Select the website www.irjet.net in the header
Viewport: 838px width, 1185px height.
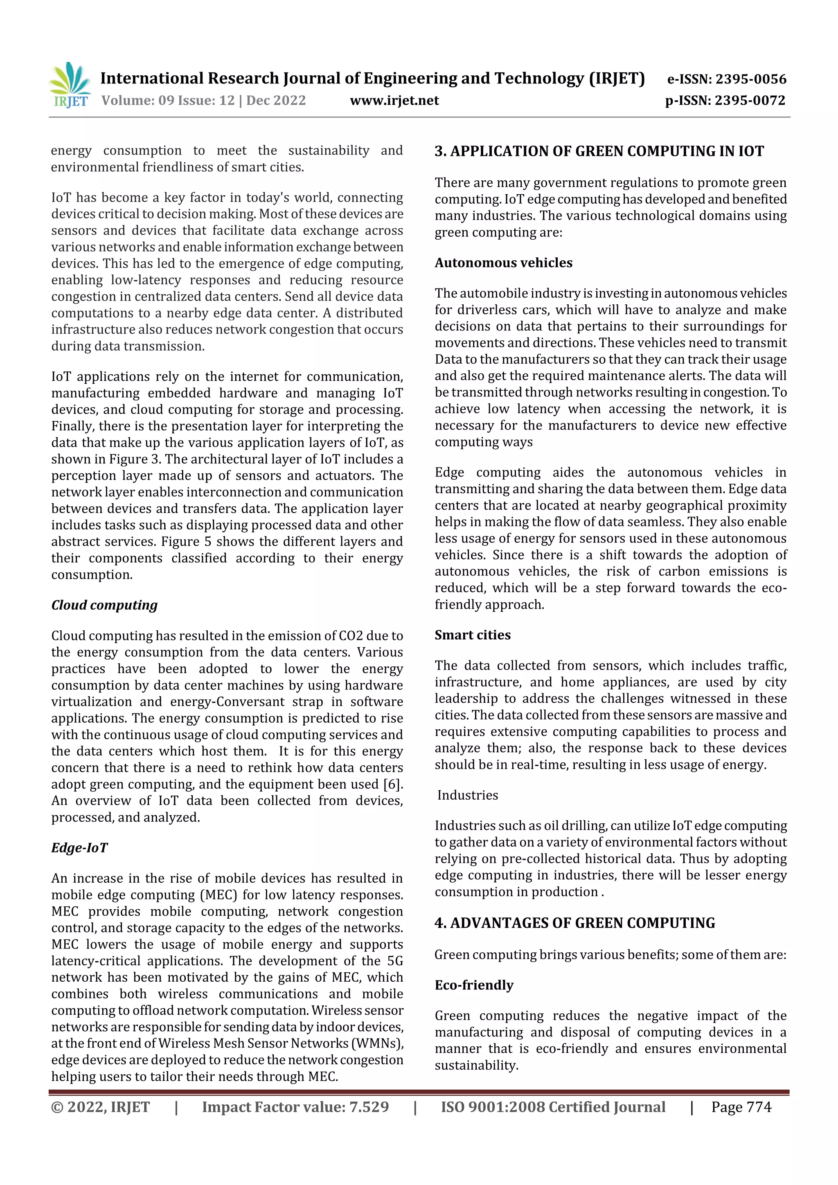pos(394,100)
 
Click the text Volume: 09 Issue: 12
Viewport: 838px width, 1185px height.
pos(168,100)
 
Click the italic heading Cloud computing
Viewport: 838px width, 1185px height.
pos(104,605)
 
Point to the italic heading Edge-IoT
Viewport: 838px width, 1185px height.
pos(79,848)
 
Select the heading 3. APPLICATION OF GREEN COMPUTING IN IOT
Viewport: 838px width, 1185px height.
pos(599,151)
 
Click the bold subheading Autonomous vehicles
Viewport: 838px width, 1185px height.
pos(503,263)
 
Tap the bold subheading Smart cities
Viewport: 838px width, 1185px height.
pos(473,635)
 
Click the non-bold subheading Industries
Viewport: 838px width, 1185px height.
pos(467,795)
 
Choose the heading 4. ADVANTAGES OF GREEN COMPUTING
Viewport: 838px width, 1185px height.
pos(574,923)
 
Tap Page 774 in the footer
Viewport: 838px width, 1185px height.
pos(741,1106)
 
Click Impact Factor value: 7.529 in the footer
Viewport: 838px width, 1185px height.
pos(295,1106)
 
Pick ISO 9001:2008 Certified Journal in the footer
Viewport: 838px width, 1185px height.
pos(553,1106)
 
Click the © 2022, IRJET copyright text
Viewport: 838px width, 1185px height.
pos(100,1106)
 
